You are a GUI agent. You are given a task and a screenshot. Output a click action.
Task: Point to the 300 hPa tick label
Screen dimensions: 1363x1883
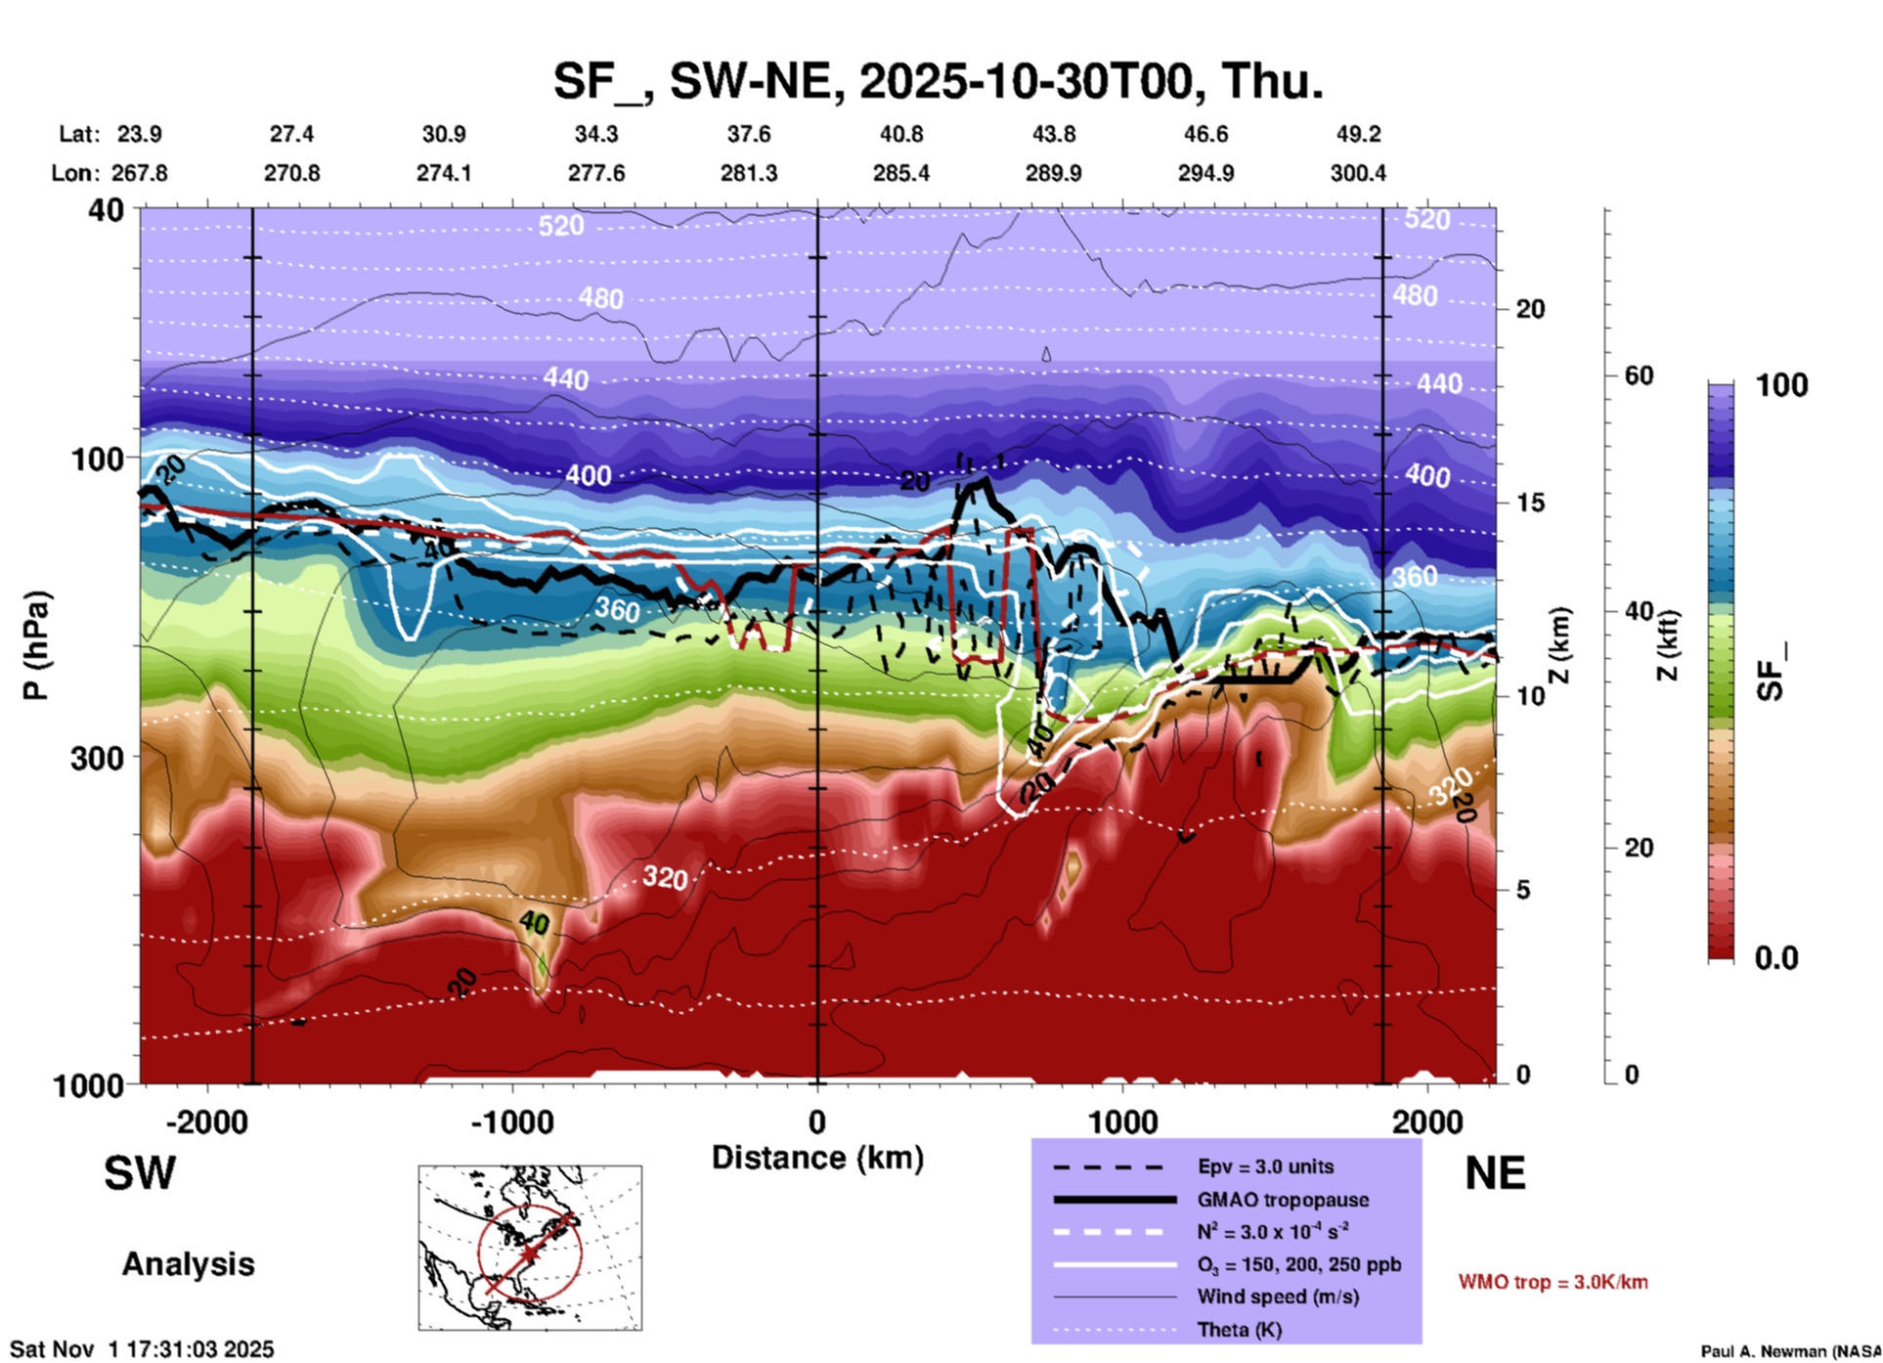coord(98,758)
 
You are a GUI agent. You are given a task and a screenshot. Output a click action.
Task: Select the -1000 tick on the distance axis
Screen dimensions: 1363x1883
coord(511,1122)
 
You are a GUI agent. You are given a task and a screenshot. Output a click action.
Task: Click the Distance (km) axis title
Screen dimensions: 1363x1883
coord(817,1158)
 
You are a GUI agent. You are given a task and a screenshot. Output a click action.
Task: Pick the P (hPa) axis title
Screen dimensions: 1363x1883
coord(35,645)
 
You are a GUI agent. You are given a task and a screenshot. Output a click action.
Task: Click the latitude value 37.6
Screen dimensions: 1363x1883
coord(749,134)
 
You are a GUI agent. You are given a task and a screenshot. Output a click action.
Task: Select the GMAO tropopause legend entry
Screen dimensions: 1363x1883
coord(1283,1200)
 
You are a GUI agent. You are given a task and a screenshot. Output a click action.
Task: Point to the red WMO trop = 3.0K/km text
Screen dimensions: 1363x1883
coord(1553,1282)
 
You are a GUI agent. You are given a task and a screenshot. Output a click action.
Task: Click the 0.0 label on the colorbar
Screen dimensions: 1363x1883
coord(1776,958)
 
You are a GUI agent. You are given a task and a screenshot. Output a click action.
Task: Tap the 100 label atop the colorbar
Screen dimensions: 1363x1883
coord(1781,385)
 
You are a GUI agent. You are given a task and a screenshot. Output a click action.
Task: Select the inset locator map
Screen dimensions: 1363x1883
coord(530,1247)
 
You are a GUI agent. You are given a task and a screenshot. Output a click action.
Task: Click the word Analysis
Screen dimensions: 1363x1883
coord(188,1264)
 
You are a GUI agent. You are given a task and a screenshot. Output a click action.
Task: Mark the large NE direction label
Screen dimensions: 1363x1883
coord(1495,1173)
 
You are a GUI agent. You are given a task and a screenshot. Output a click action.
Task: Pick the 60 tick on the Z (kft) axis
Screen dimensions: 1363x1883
coord(1639,375)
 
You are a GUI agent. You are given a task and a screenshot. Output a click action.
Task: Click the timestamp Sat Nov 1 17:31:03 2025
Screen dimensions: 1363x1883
coord(143,1349)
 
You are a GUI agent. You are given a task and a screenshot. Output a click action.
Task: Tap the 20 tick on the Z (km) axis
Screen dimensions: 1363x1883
coord(1530,309)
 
